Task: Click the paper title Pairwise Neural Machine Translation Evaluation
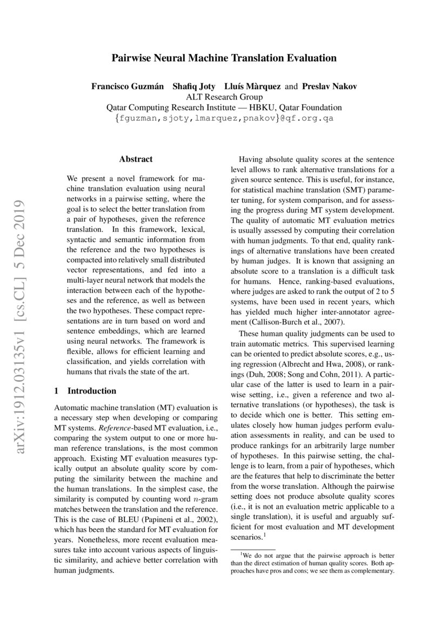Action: tap(224, 58)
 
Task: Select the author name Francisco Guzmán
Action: tap(123, 87)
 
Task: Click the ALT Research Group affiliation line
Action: tap(224, 97)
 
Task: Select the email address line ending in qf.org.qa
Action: tap(224, 118)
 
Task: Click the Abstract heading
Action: tap(136, 159)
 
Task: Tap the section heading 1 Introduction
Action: tap(86, 391)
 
